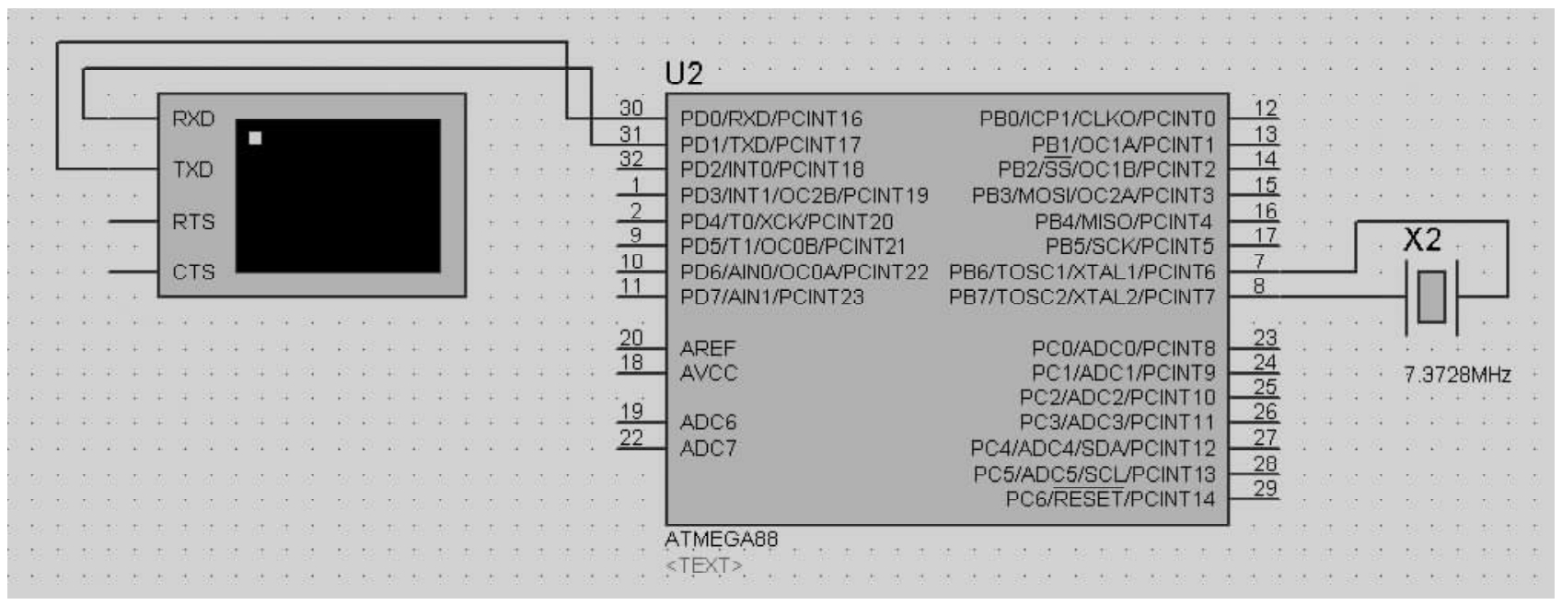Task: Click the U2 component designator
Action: [683, 74]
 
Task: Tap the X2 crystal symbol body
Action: [1431, 297]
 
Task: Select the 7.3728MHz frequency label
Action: [1457, 375]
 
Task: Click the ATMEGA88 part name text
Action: [721, 540]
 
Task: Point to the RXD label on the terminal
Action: [193, 119]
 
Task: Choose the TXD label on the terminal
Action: [193, 169]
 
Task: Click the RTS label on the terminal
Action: [193, 221]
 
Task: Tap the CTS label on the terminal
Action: [193, 273]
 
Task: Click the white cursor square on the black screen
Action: [255, 138]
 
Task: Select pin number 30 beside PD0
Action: [631, 108]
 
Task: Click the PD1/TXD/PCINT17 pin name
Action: [770, 145]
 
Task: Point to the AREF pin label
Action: [708, 347]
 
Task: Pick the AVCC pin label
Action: [709, 373]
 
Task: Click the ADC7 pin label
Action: [708, 448]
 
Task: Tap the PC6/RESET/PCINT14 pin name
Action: [1110, 499]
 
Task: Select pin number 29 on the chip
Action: [1265, 488]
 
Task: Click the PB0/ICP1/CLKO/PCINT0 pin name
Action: [1097, 119]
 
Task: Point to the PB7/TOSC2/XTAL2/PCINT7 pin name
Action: [1082, 297]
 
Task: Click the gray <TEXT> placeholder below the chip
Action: [703, 565]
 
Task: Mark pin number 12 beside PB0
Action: [1265, 108]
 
